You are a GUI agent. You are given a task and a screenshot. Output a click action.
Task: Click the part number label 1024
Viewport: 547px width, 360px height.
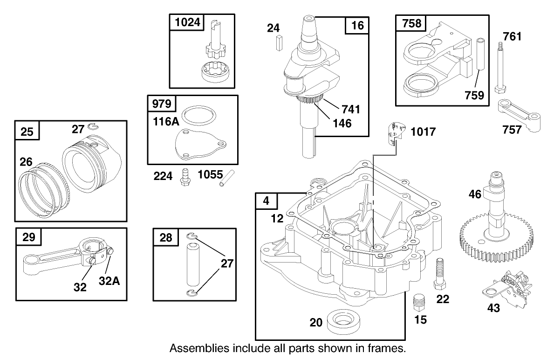[x=183, y=23]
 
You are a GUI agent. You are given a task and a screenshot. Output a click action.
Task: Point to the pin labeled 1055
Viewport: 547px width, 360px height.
[x=226, y=179]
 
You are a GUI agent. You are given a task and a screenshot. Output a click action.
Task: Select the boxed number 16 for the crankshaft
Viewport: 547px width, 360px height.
[x=357, y=25]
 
